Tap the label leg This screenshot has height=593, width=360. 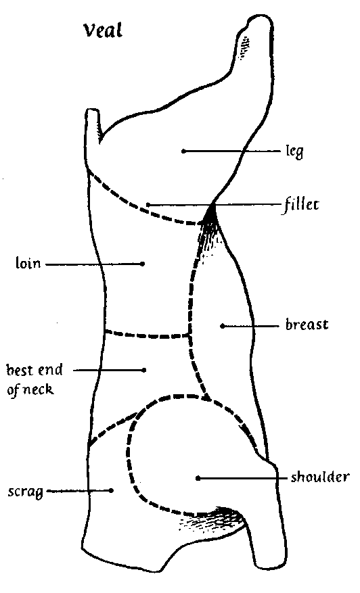tap(294, 151)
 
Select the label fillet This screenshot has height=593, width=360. tap(301, 205)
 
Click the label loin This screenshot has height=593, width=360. tap(28, 262)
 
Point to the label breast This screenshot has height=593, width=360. tap(307, 325)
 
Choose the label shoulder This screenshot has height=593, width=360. tap(319, 477)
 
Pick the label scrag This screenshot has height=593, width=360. tap(25, 492)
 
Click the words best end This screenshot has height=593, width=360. tap(35, 369)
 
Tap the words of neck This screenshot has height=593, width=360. tap(30, 389)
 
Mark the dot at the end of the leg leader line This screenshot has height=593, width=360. tap(183, 151)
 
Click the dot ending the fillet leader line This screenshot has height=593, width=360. tap(148, 205)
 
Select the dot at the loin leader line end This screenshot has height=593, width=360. tap(143, 264)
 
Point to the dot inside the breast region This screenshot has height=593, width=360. tap(222, 326)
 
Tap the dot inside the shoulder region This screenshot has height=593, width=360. tap(198, 479)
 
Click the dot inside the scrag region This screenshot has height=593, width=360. tap(111, 490)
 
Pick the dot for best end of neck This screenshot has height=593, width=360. tap(144, 370)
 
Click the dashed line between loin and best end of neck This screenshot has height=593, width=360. tap(147, 335)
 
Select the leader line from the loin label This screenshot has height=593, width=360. tap(94, 264)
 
